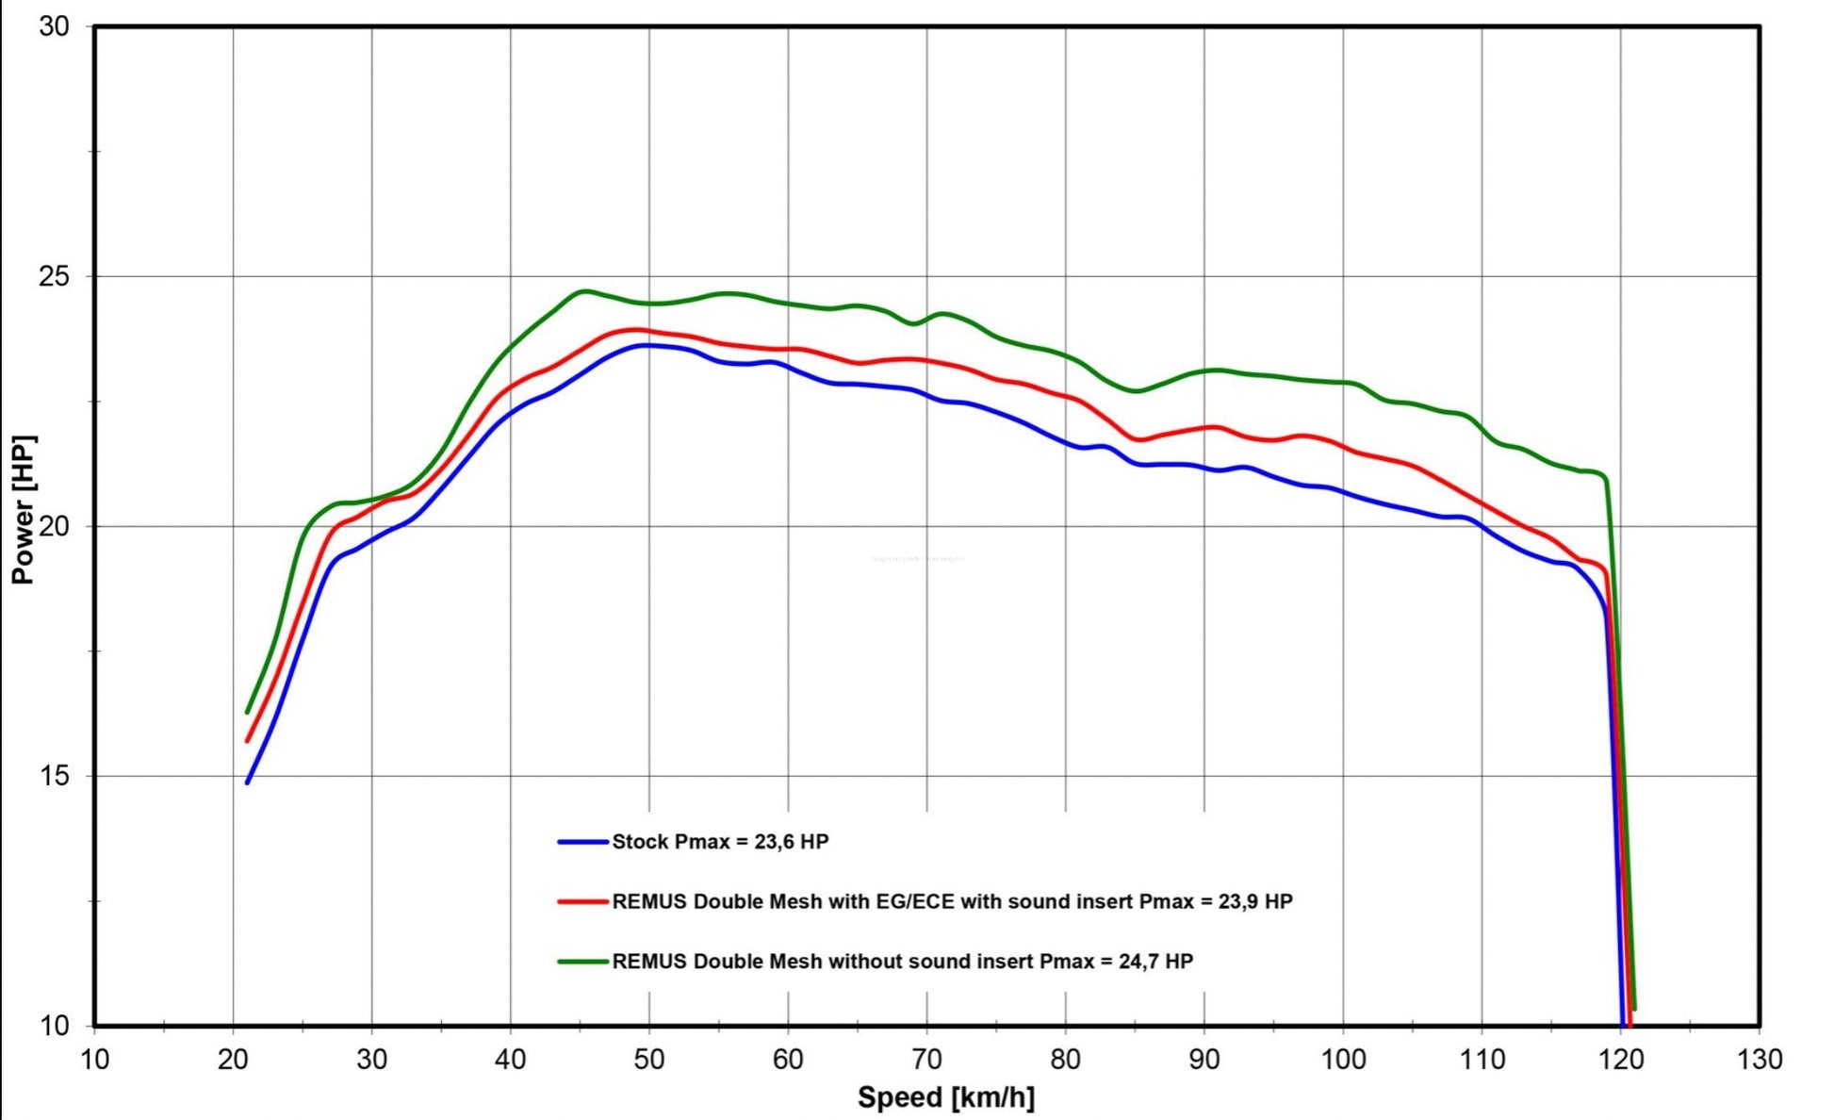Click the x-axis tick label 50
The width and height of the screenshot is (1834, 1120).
[x=648, y=1060]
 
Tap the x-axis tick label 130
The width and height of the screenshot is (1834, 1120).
[x=1759, y=1060]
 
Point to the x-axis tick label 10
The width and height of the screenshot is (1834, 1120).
[x=94, y=1060]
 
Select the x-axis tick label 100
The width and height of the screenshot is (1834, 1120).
[x=1342, y=1060]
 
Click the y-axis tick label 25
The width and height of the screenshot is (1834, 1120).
[x=55, y=276]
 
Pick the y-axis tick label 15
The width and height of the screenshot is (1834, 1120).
[x=55, y=776]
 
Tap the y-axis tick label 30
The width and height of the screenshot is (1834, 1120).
[x=55, y=26]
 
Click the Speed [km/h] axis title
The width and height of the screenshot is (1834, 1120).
[x=945, y=1097]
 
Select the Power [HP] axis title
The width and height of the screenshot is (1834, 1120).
[x=23, y=509]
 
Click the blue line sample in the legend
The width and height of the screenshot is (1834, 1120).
[x=582, y=841]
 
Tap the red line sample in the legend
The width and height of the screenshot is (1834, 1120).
[x=582, y=901]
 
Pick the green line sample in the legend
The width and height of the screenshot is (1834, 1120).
[x=582, y=962]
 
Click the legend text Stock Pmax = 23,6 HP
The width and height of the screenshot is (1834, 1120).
[x=720, y=841]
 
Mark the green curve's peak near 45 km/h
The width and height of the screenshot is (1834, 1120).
[x=584, y=291]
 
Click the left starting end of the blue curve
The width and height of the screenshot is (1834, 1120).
[x=248, y=782]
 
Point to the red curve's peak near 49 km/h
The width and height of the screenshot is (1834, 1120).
[x=637, y=330]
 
